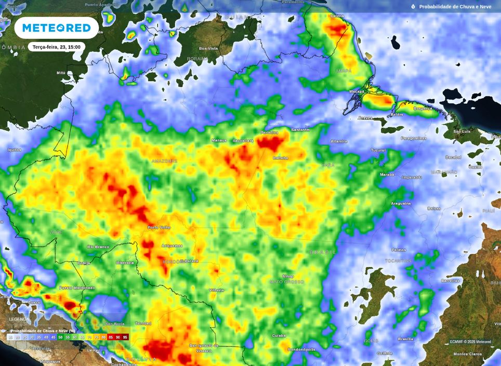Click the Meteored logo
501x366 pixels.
tap(56, 28)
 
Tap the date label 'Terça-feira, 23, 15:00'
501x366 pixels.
tap(56, 47)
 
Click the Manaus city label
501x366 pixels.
tap(219, 140)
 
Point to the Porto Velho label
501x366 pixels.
tap(159, 227)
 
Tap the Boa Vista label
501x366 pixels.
tap(208, 48)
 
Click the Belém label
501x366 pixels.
tap(397, 114)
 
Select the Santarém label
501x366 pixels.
tap(300, 129)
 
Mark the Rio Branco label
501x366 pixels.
tap(98, 246)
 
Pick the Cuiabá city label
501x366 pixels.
tap(279, 335)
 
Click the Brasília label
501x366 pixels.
tap(405, 339)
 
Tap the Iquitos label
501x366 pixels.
tap(14, 150)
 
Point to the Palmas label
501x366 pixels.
tap(399, 250)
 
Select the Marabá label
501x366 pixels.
tap(387, 175)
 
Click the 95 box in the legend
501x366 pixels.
tap(125, 337)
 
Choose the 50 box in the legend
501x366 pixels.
tap(60, 337)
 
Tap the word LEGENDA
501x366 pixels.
tap(19, 319)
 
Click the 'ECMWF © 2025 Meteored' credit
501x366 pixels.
tap(470, 342)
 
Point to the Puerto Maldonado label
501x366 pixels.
tap(77, 287)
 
